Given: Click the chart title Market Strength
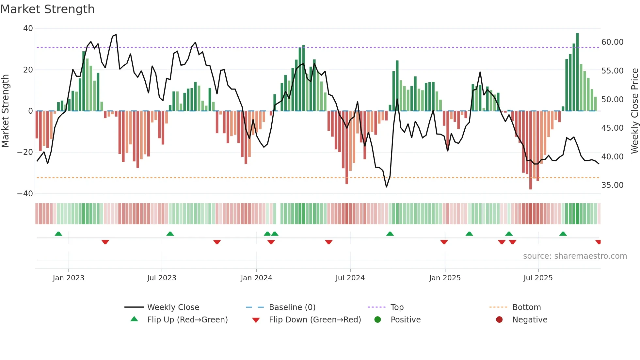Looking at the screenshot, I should (47, 9).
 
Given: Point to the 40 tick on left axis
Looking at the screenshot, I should (28, 28).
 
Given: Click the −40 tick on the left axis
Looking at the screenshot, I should (25, 194).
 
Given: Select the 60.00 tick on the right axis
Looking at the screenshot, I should (612, 42).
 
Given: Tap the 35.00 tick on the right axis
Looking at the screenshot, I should (612, 185).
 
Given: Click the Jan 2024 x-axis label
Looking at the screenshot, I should (256, 278).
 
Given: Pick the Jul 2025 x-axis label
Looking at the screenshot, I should (538, 278).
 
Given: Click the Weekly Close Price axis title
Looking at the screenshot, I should (634, 111).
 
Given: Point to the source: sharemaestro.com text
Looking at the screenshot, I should (575, 256).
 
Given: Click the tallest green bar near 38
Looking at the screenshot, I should (577, 72).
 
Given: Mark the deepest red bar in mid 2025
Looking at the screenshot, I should (531, 150).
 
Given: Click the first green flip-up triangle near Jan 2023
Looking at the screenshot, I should (58, 234).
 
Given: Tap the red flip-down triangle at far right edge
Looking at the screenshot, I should (598, 242).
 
